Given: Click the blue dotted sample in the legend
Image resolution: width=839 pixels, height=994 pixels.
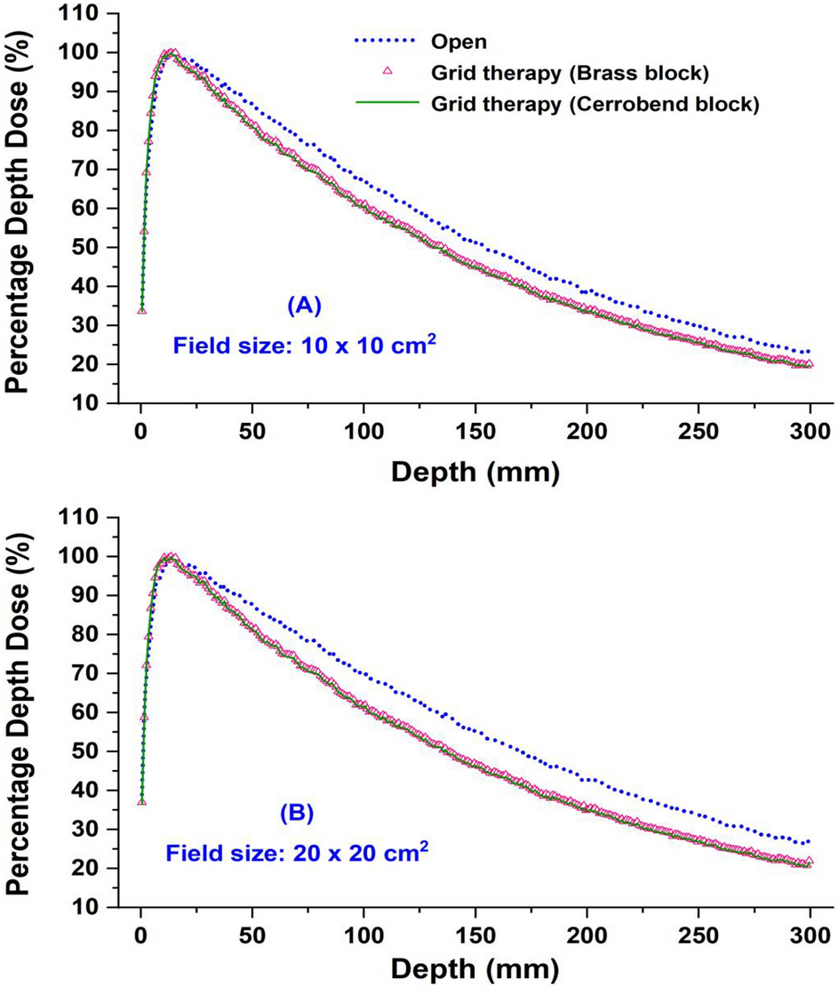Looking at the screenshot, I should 387,40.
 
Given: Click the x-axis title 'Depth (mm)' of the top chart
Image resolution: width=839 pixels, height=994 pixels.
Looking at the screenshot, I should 475,473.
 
